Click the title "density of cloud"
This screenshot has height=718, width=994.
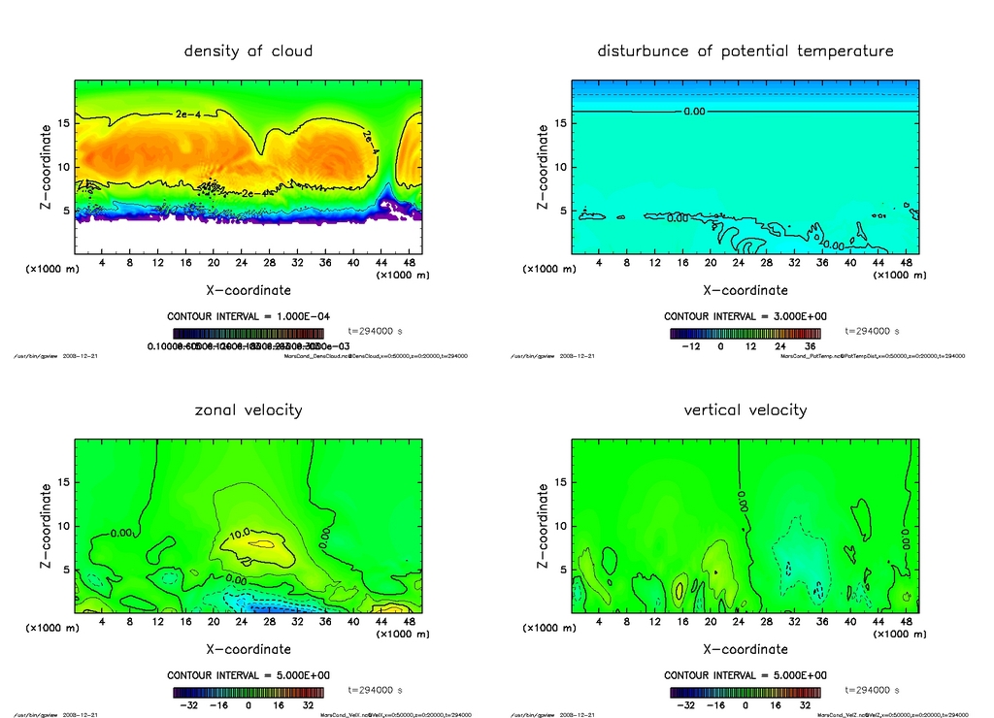(x=248, y=50)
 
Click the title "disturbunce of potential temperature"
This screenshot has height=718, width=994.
(x=745, y=50)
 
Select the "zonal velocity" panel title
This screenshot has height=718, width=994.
(x=248, y=409)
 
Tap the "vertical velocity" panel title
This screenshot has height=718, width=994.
(x=745, y=409)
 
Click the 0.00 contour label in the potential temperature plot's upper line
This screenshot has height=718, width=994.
(x=694, y=112)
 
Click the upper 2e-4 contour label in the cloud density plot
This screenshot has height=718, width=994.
(x=188, y=114)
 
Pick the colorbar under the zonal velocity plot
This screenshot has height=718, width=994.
(x=248, y=692)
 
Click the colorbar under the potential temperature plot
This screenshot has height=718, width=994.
(x=745, y=333)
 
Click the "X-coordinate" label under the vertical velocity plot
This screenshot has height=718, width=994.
(x=745, y=649)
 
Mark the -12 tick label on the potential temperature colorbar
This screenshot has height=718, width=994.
(x=691, y=345)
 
